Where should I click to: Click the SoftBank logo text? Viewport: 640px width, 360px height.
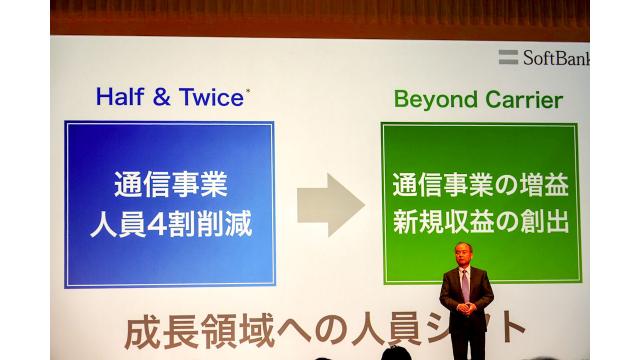point(558,57)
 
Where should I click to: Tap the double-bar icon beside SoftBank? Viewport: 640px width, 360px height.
point(508,57)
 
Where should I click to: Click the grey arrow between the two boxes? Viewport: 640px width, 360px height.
point(330,204)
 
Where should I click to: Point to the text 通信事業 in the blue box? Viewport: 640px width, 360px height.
point(169,185)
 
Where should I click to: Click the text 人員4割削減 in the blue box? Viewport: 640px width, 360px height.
point(169,223)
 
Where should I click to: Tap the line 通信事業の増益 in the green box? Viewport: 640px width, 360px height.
point(480,185)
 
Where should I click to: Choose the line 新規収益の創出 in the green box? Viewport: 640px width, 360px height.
point(480,222)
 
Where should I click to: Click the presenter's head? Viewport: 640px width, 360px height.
point(465,254)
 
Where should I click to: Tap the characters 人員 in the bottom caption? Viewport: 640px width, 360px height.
point(381,329)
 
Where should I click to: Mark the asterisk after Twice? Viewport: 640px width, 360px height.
point(248,91)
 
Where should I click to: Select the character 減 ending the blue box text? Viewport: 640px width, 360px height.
point(237,223)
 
